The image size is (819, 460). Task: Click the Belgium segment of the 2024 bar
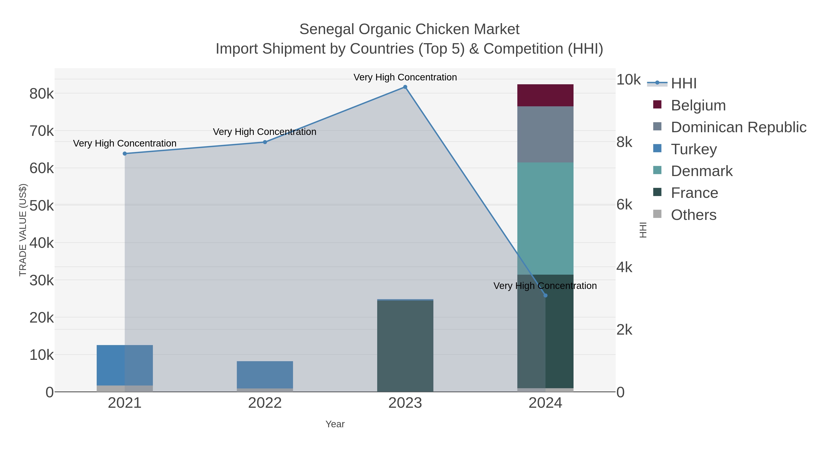pyautogui.click(x=545, y=95)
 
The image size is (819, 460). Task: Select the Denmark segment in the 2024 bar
pyautogui.click(x=545, y=218)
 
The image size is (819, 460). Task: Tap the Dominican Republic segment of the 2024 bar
pyautogui.click(x=545, y=134)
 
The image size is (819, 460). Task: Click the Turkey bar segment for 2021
pyautogui.click(x=125, y=365)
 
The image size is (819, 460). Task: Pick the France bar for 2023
pyautogui.click(x=405, y=346)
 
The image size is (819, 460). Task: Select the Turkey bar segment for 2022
pyautogui.click(x=265, y=375)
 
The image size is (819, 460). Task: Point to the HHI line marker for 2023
pyautogui.click(x=405, y=87)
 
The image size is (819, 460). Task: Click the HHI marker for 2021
pyautogui.click(x=125, y=154)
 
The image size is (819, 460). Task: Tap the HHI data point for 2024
pyautogui.click(x=546, y=296)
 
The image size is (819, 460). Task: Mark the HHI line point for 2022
pyautogui.click(x=265, y=142)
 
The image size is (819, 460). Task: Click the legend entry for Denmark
pyautogui.click(x=701, y=171)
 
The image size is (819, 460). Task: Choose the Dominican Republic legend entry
pyautogui.click(x=738, y=127)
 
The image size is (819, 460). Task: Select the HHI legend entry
pyautogui.click(x=684, y=84)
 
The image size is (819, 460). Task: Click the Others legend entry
pyautogui.click(x=693, y=215)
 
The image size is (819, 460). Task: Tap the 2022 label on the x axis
pyautogui.click(x=265, y=403)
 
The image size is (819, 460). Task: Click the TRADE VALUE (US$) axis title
pyautogui.click(x=23, y=230)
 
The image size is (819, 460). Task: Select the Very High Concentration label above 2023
pyautogui.click(x=405, y=77)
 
